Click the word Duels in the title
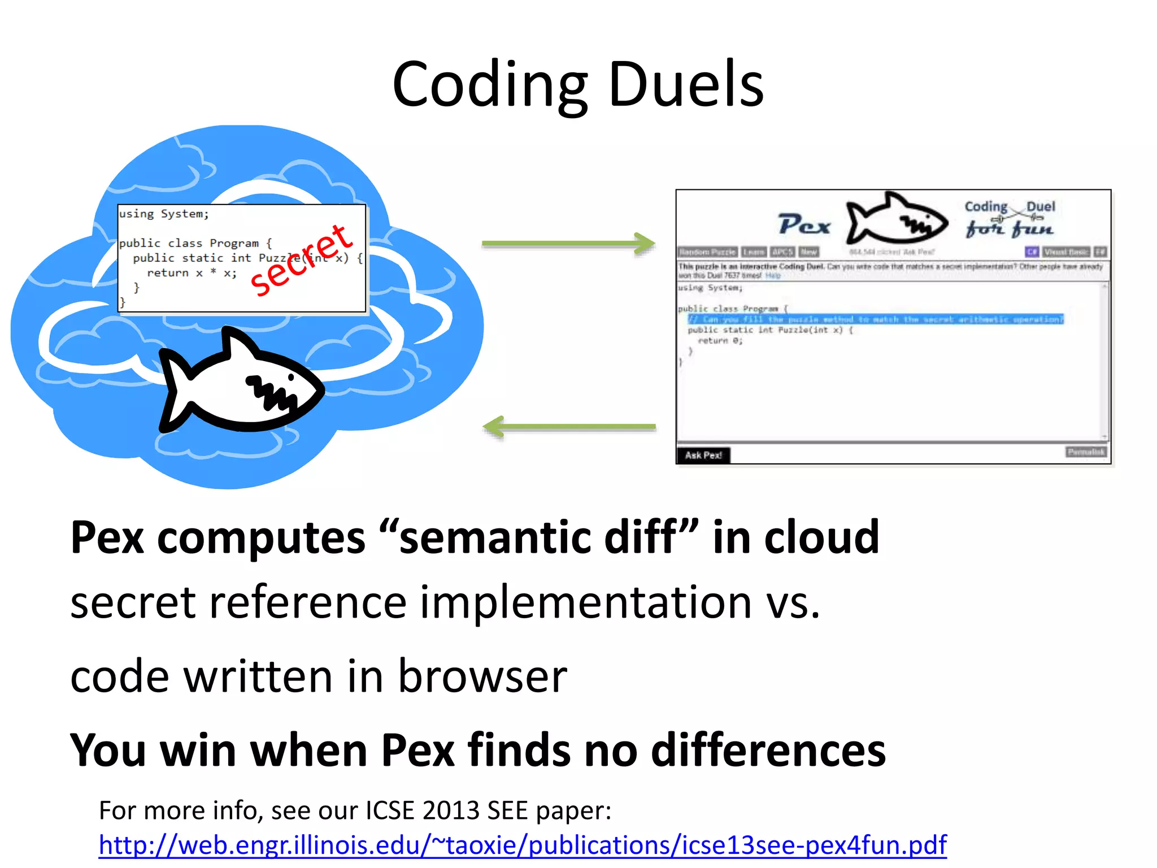click(x=686, y=85)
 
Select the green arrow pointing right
click(x=568, y=244)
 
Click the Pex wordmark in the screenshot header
click(x=804, y=224)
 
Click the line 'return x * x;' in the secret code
click(x=192, y=273)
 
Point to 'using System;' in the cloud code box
click(x=164, y=214)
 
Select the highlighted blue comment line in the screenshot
click(x=875, y=319)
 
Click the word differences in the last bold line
click(x=768, y=750)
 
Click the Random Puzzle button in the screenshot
click(x=707, y=252)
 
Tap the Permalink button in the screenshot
click(x=1086, y=452)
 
